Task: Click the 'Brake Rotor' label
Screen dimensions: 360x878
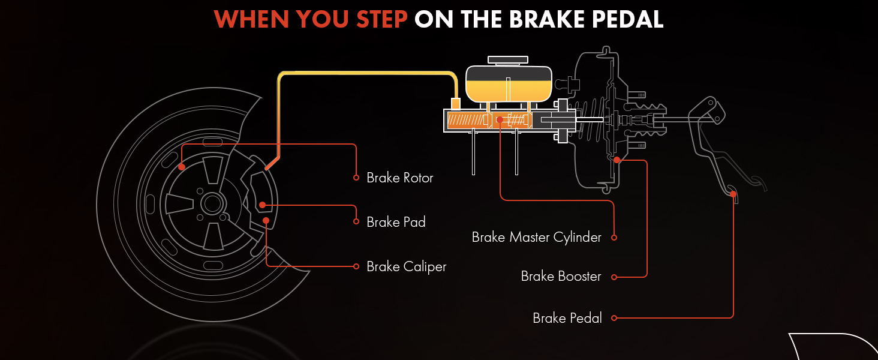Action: (399, 178)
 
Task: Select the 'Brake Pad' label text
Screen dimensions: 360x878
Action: (396, 222)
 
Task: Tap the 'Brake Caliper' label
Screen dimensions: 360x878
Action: (406, 266)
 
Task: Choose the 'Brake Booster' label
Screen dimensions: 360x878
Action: (561, 277)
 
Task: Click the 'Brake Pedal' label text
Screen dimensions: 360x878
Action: (567, 318)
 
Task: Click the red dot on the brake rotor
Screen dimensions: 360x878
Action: (181, 167)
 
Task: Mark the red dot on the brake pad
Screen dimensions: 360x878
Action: (262, 205)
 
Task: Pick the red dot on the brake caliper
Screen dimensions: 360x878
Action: (266, 220)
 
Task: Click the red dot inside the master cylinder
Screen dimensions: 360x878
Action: (500, 119)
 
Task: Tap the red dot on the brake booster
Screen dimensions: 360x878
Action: (617, 160)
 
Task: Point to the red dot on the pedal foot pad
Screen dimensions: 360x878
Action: (732, 193)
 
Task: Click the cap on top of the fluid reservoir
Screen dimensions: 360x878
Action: (508, 59)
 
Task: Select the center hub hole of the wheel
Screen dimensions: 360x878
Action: (212, 203)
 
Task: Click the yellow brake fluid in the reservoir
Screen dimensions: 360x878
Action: (509, 91)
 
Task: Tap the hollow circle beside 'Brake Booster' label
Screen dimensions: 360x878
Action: (614, 277)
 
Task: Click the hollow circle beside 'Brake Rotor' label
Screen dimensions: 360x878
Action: (355, 178)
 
